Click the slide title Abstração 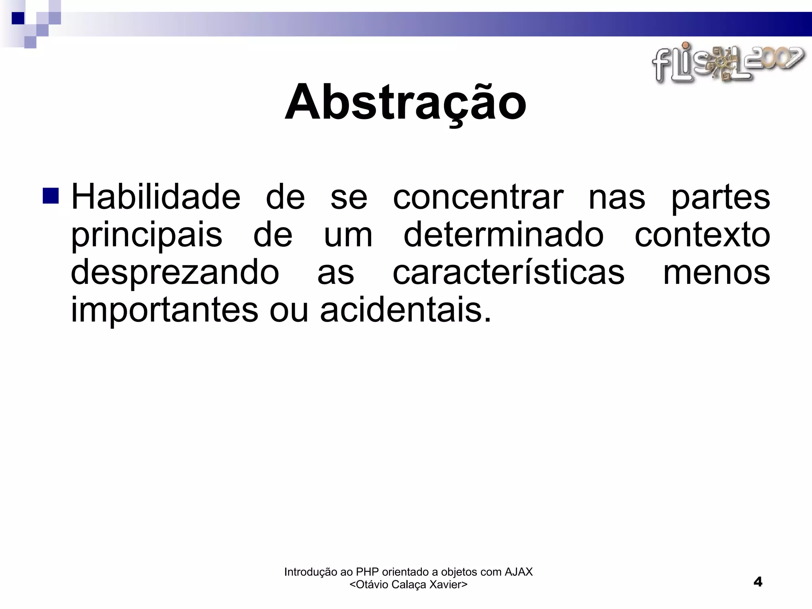405,102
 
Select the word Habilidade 155,197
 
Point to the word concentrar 478,197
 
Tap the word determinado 503,234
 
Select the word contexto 702,235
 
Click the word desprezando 175,273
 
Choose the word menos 716,273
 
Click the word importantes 165,310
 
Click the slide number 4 758,582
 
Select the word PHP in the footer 368,572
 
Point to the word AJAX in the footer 518,572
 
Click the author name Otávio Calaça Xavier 408,584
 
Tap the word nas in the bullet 617,197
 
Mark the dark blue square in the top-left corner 18,18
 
